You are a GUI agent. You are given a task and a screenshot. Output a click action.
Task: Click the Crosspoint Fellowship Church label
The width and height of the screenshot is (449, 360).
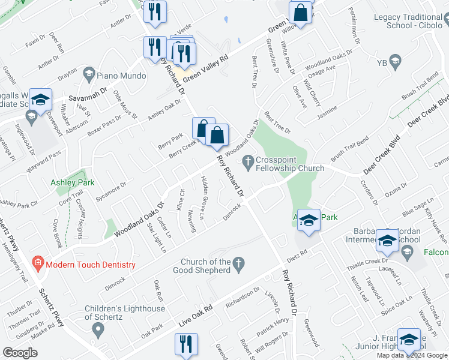[x=290, y=164]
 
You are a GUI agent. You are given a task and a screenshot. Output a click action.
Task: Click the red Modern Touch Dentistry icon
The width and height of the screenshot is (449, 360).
[x=37, y=263]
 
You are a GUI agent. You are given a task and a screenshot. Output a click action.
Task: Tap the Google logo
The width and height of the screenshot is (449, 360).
[x=20, y=353]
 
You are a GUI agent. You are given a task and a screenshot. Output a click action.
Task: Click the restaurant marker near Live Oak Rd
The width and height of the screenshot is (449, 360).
[x=185, y=344]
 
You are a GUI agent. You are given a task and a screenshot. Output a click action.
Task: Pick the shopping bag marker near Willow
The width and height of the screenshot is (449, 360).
[x=300, y=13]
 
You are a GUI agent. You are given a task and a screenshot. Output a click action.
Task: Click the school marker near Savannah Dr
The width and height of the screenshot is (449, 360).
[x=40, y=100]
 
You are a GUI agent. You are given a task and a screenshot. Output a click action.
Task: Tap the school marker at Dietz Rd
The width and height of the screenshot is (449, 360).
[x=309, y=221]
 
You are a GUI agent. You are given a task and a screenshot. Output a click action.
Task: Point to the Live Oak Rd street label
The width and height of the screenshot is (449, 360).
[x=196, y=317]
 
